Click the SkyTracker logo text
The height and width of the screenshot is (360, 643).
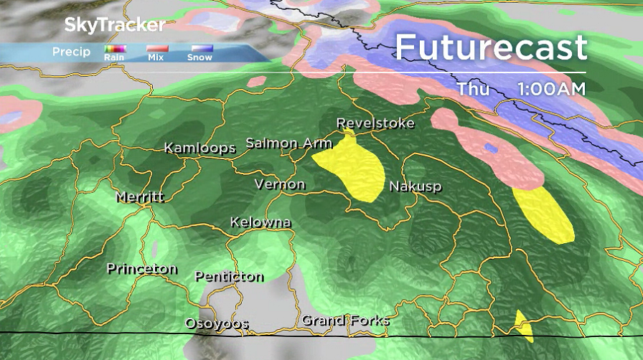click(x=115, y=25)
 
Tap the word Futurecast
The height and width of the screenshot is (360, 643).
click(x=491, y=48)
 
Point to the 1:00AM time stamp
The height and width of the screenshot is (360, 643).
click(x=550, y=89)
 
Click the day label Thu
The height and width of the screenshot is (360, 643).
click(x=474, y=89)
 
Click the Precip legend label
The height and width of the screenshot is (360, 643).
click(x=71, y=52)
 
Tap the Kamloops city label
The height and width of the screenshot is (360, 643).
click(x=200, y=148)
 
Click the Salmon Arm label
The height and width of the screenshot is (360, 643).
click(x=288, y=143)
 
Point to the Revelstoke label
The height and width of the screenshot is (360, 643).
click(x=375, y=123)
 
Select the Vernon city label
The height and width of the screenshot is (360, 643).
click(x=280, y=185)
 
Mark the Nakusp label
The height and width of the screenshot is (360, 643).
click(x=415, y=187)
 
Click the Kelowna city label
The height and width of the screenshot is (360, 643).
click(x=261, y=222)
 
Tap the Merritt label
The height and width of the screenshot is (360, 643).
click(x=141, y=196)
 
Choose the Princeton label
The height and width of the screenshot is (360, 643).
click(x=141, y=269)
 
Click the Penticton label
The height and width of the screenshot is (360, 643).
click(x=229, y=277)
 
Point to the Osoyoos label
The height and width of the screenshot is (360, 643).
click(x=216, y=323)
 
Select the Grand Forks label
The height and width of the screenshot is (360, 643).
click(x=345, y=321)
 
